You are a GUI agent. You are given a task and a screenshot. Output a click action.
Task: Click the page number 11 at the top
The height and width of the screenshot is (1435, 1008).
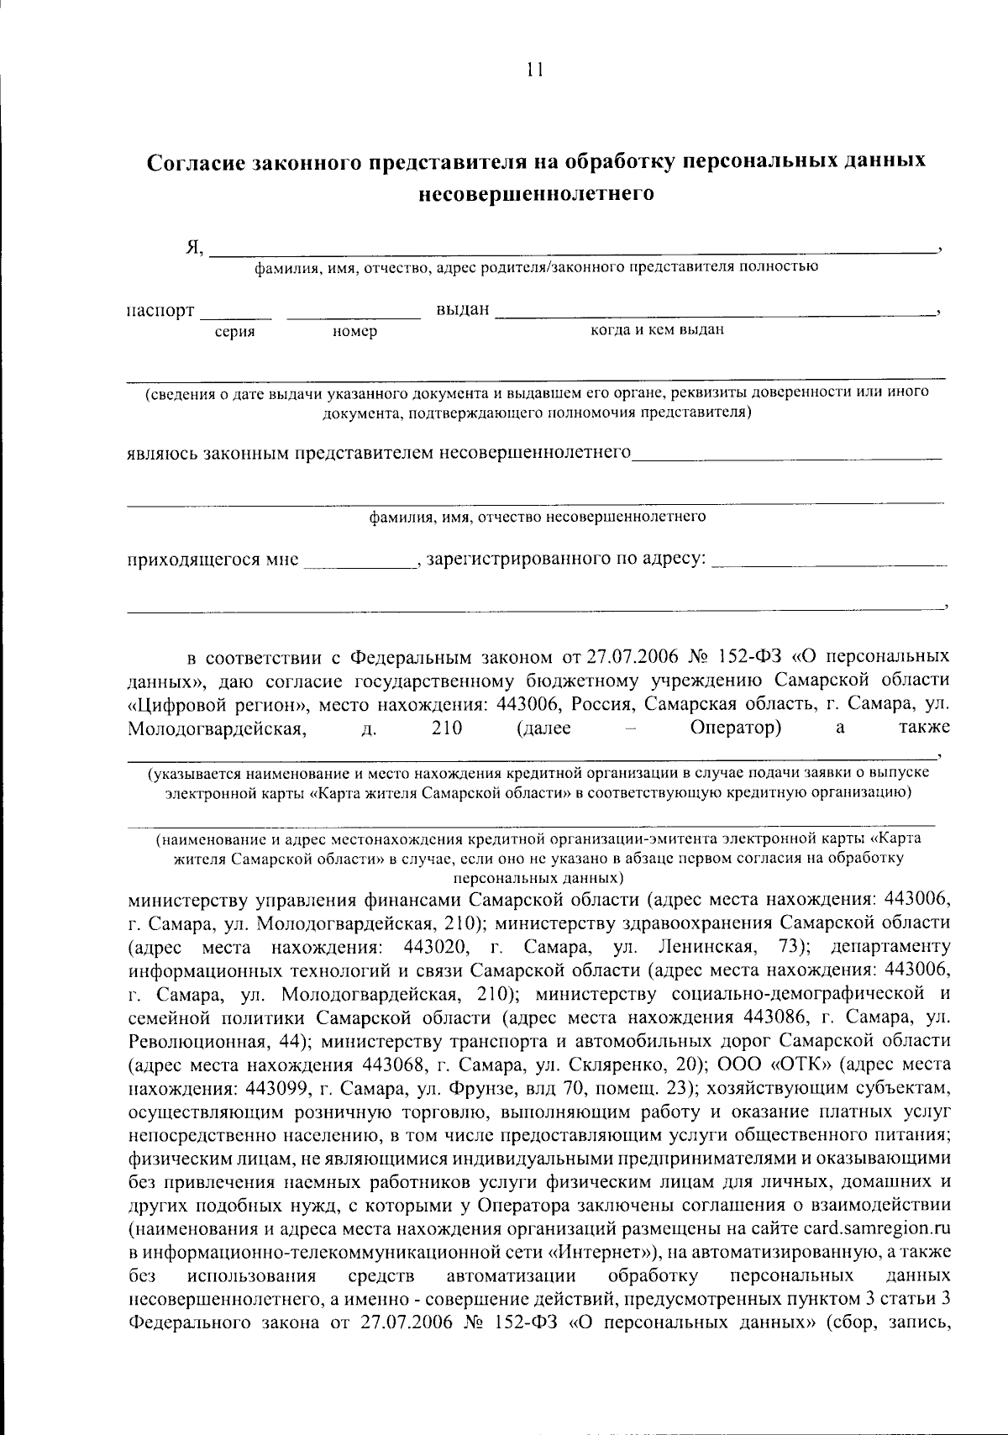[535, 71]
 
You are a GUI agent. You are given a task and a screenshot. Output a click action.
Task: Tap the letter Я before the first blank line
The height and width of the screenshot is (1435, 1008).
[193, 247]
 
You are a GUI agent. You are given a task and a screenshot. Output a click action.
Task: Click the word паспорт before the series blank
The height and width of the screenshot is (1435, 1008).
[160, 311]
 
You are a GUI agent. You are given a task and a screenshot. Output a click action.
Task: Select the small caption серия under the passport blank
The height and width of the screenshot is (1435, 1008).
[235, 333]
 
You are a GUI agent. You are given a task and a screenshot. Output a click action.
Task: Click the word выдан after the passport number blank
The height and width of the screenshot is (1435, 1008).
[462, 310]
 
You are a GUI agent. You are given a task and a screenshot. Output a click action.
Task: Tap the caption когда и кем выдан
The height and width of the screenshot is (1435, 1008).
[657, 330]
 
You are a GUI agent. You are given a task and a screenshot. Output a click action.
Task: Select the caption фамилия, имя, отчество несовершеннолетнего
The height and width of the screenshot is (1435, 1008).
[538, 517]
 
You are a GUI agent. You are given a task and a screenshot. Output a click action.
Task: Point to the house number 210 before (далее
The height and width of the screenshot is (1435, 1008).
[447, 728]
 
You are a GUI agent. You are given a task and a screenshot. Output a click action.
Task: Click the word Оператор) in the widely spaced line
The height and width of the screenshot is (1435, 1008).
[736, 728]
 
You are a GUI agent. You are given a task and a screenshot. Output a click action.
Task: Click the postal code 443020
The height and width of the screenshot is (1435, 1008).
[436, 947]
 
